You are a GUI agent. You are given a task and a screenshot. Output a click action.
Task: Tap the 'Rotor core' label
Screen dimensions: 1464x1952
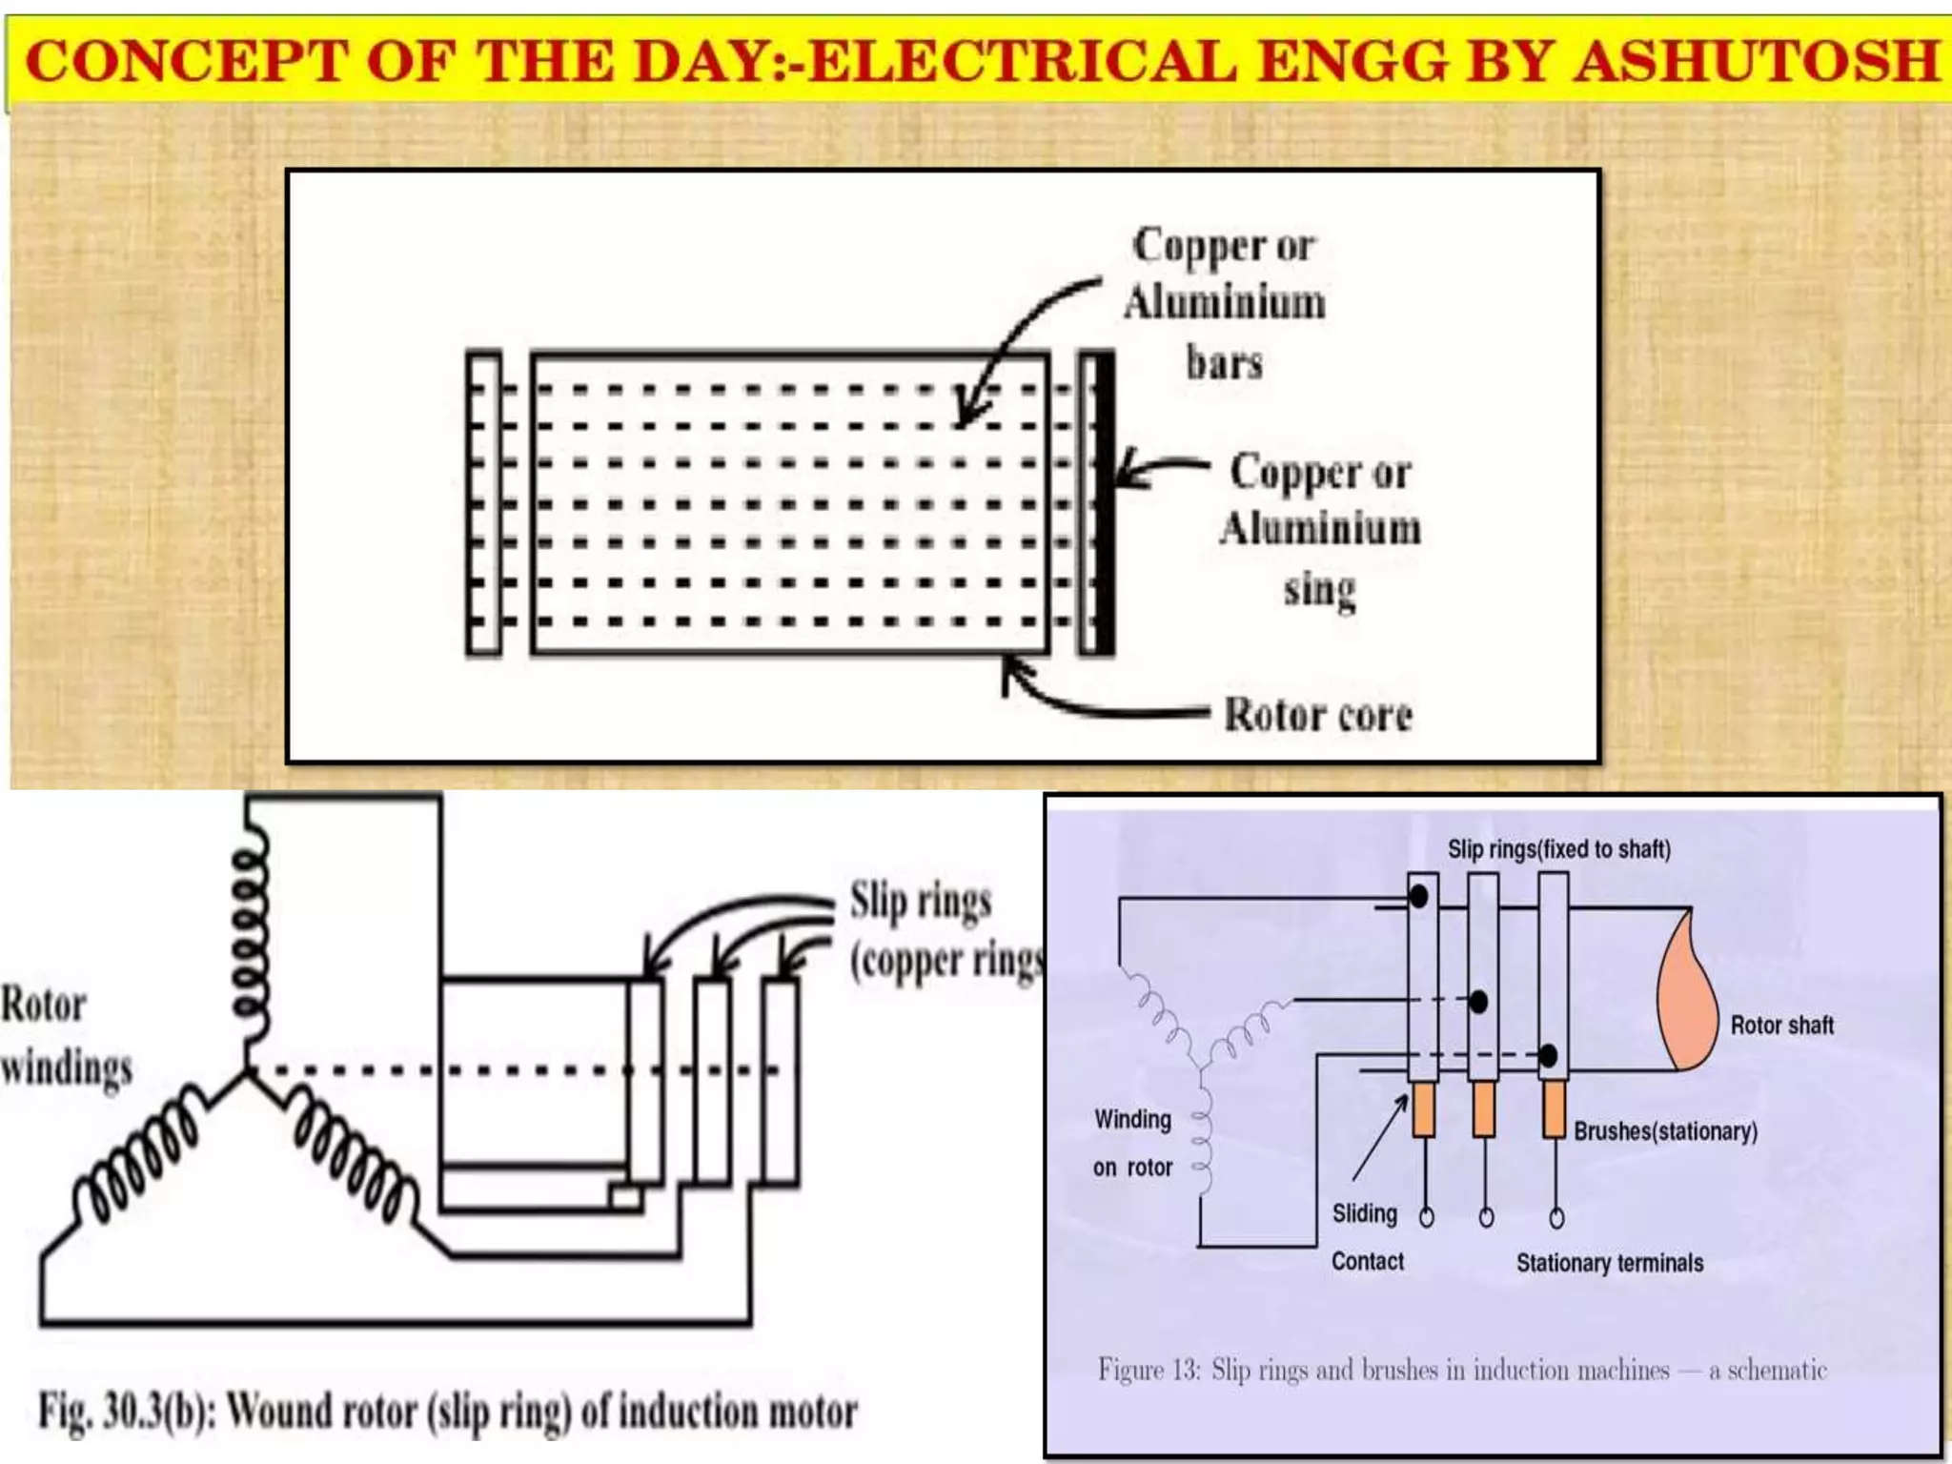pyautogui.click(x=1317, y=715)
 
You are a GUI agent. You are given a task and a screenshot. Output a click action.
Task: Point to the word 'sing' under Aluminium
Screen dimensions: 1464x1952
pyautogui.click(x=1319, y=590)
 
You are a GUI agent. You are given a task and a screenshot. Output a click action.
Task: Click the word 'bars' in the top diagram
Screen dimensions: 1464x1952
pyautogui.click(x=1224, y=363)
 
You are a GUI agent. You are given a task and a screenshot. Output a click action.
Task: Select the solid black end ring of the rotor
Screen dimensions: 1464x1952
pyautogui.click(x=1103, y=503)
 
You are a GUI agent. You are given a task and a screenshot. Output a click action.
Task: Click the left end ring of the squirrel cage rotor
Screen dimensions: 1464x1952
pyautogui.click(x=483, y=503)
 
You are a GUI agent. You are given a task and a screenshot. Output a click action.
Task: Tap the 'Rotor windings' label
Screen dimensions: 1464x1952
pyautogui.click(x=65, y=1036)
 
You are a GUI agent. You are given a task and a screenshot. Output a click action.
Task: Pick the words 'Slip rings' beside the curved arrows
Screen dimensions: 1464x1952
pyautogui.click(x=920, y=901)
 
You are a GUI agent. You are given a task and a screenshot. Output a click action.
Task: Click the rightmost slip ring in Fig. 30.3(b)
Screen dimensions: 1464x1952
pyautogui.click(x=780, y=1081)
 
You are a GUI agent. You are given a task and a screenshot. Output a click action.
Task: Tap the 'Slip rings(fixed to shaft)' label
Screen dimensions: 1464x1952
pyautogui.click(x=1558, y=849)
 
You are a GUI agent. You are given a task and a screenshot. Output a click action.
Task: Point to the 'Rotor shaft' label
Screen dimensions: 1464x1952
pyautogui.click(x=1781, y=1026)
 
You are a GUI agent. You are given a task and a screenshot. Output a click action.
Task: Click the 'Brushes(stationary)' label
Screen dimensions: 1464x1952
pyautogui.click(x=1665, y=1131)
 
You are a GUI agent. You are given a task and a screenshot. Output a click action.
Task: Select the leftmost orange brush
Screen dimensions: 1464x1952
pyautogui.click(x=1423, y=1109)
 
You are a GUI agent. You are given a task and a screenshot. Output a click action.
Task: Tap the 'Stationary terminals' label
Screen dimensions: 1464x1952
pyautogui.click(x=1609, y=1263)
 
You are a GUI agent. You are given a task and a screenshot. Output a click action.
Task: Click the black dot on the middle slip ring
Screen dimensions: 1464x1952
pyautogui.click(x=1478, y=1002)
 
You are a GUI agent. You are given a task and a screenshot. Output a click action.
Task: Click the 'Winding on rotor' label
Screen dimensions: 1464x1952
pyautogui.click(x=1132, y=1143)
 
